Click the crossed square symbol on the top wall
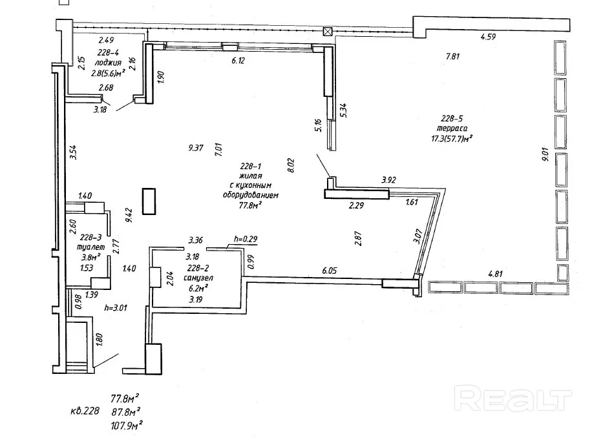tap(327, 32)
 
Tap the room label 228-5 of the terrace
tap(452, 119)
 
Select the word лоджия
tap(108, 63)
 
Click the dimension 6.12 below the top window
tap(238, 60)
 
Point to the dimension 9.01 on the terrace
tap(545, 154)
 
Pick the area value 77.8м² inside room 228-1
tap(250, 205)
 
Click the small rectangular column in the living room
tap(149, 201)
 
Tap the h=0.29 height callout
tap(246, 239)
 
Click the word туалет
tap(90, 247)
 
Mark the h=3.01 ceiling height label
tap(116, 308)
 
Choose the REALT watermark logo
tap(513, 398)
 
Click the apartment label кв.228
tap(85, 411)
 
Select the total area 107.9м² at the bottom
tap(127, 426)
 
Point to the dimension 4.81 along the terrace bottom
tap(495, 274)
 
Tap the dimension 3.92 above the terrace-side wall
tap(388, 180)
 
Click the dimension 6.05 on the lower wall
tap(330, 271)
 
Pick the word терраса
tap(452, 129)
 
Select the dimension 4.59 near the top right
tap(488, 37)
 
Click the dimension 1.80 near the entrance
tap(99, 340)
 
